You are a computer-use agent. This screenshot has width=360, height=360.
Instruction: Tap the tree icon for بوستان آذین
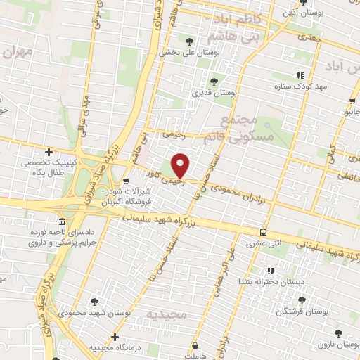(303, 2)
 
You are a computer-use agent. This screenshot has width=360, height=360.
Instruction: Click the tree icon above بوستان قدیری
(213, 81)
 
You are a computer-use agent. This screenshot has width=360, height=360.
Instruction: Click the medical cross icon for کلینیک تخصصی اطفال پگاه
(49, 152)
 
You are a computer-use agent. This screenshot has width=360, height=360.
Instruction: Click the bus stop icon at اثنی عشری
(263, 232)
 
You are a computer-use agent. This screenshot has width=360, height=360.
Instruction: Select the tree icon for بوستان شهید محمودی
(94, 302)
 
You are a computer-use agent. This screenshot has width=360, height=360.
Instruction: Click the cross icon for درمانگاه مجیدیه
(114, 337)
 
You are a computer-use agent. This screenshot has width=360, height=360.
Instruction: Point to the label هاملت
(193, 356)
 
